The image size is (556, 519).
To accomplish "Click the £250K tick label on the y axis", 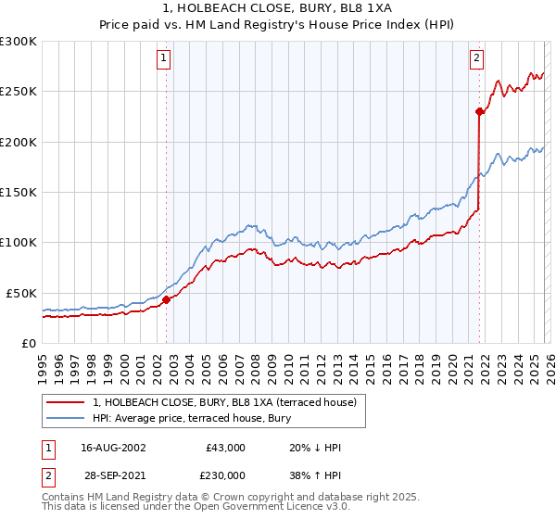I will point(19,92).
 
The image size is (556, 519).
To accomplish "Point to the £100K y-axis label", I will point(19,243).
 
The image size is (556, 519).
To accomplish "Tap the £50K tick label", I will point(21,293).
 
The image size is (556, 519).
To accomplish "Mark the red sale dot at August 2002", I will point(167,299).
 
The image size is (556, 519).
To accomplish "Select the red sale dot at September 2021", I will point(480,112).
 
